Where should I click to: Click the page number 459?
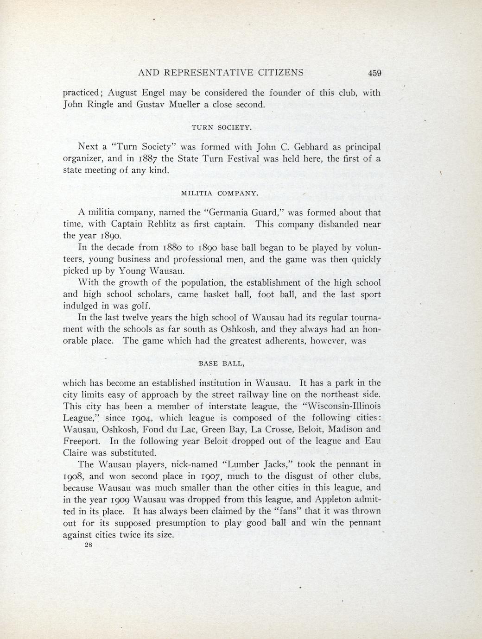coord(374,73)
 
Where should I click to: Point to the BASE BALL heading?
coord(221,363)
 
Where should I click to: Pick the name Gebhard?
coord(311,147)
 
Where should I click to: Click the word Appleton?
coord(317,500)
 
